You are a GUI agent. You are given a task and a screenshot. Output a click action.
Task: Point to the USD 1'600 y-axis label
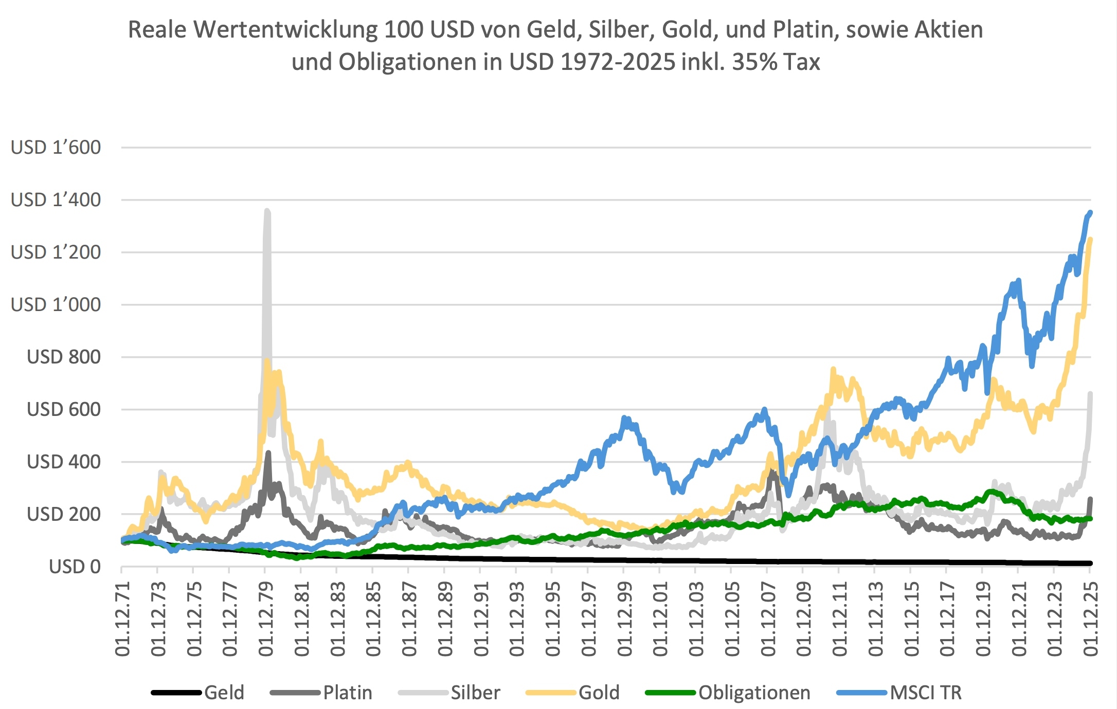pos(56,148)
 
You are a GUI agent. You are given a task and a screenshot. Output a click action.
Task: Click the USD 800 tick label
pos(63,357)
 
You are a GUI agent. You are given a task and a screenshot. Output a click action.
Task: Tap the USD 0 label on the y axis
pos(75,567)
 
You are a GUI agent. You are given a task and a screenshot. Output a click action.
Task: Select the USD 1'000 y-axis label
pos(56,304)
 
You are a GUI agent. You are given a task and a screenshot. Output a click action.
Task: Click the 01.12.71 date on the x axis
pos(122,619)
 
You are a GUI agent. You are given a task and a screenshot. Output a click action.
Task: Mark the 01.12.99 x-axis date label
pos(624,619)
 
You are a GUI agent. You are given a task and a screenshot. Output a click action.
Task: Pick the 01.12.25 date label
pos(1090,619)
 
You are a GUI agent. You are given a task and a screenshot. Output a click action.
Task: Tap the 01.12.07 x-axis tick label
pos(768,619)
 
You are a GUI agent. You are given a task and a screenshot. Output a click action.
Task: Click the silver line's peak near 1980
pos(267,211)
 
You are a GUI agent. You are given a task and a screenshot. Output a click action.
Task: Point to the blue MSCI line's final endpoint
pos(1090,212)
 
